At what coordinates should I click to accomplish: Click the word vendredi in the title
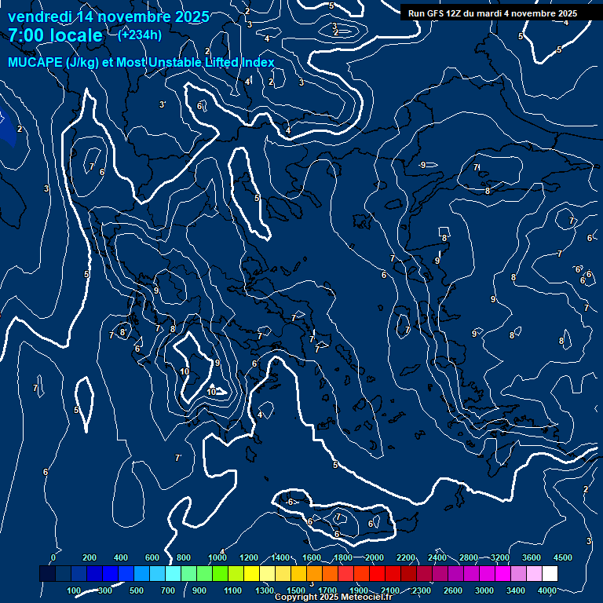pyautogui.click(x=38, y=16)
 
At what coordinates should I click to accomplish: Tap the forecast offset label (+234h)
pyautogui.click(x=139, y=35)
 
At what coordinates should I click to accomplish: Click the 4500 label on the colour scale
pyautogui.click(x=563, y=557)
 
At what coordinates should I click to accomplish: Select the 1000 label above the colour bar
pyautogui.click(x=217, y=557)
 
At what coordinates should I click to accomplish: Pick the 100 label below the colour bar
pyautogui.click(x=75, y=590)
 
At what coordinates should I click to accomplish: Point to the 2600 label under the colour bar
pyautogui.click(x=453, y=590)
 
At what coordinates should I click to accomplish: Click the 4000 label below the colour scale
pyautogui.click(x=547, y=590)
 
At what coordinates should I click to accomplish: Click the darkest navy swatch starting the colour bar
pyautogui.click(x=47, y=574)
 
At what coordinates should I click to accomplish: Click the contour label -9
pyautogui.click(x=422, y=165)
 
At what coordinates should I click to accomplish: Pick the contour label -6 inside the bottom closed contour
pyautogui.click(x=290, y=502)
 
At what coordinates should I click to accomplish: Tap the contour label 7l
pyautogui.click(x=476, y=167)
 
